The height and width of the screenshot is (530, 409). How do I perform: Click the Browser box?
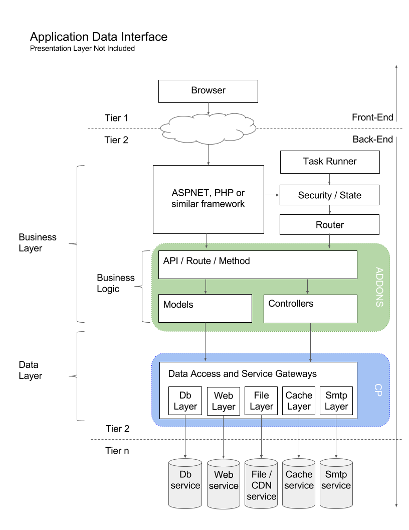pyautogui.click(x=208, y=91)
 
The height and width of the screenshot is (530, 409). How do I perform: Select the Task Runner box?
pyautogui.click(x=329, y=162)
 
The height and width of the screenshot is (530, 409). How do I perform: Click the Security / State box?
pyautogui.click(x=329, y=195)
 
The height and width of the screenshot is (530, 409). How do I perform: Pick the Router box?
pyautogui.click(x=329, y=224)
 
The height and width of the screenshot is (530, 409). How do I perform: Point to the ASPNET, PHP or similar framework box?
pyautogui.click(x=208, y=199)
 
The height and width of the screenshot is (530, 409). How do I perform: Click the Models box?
pyautogui.click(x=205, y=308)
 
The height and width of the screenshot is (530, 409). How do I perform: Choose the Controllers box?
pyautogui.click(x=310, y=308)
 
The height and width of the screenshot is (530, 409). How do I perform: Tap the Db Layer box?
pyautogui.click(x=185, y=401)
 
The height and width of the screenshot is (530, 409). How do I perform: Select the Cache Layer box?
pyautogui.click(x=299, y=401)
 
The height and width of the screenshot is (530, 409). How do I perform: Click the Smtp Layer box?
pyautogui.click(x=336, y=401)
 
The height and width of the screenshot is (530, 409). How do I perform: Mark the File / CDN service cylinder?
pyautogui.click(x=261, y=485)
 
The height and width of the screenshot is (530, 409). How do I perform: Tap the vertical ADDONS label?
pyautogui.click(x=379, y=287)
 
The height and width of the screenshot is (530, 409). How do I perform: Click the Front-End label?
pyautogui.click(x=372, y=118)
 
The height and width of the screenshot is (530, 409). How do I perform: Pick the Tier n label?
pyautogui.click(x=117, y=451)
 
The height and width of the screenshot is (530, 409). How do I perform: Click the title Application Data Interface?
pyautogui.click(x=99, y=37)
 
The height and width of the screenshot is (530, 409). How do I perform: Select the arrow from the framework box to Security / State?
pyautogui.click(x=271, y=195)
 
